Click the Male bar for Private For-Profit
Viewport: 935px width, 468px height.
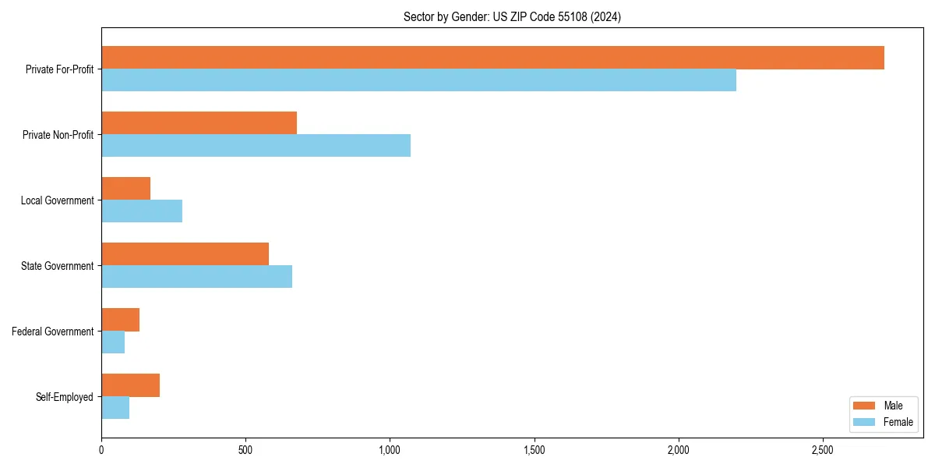[492, 58]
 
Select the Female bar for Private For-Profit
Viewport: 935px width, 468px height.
[418, 80]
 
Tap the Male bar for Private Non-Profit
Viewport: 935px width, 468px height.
[199, 123]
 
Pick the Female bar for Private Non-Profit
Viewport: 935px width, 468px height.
[256, 146]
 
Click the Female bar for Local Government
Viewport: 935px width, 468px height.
[142, 211]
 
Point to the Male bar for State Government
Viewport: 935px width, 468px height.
[185, 254]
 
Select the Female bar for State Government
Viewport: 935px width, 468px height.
[196, 277]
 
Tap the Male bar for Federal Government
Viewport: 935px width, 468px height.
[120, 320]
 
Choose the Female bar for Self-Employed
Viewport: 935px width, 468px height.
[115, 408]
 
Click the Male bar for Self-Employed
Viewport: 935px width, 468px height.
[130, 385]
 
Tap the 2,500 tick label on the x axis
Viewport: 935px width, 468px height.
[823, 450]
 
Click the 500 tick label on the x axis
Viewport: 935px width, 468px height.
[245, 450]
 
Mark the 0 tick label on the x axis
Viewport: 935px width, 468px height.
[101, 450]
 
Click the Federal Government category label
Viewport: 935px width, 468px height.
[53, 331]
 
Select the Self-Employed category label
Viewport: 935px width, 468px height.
[65, 397]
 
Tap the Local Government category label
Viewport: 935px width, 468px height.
[58, 200]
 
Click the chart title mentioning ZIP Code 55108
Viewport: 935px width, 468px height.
[512, 16]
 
